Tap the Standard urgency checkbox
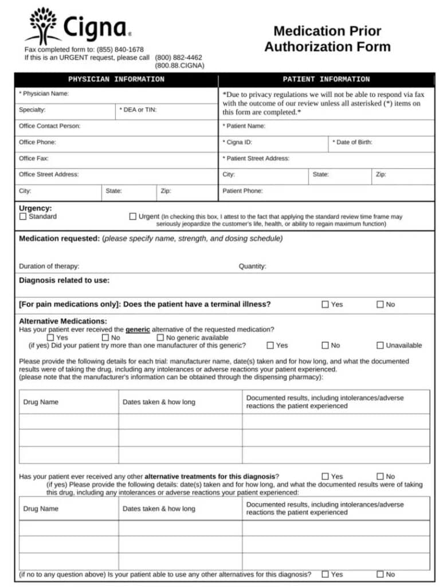[x=23, y=217]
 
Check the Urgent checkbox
[x=133, y=217]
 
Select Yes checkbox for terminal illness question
[x=326, y=304]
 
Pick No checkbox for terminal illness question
[x=380, y=304]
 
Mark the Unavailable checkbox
[x=380, y=345]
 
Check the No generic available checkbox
[x=160, y=338]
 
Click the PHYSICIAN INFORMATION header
[x=116, y=80]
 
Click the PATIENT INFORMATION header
[x=326, y=80]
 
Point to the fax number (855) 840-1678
[x=120, y=50]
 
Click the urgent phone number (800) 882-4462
[x=178, y=57]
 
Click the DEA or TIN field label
[x=138, y=109]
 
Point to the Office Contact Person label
[x=50, y=126]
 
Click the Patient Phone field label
[x=242, y=191]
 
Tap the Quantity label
[x=252, y=266]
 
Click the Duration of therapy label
[x=49, y=266]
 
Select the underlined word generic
[x=138, y=330]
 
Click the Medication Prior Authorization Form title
[x=327, y=38]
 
